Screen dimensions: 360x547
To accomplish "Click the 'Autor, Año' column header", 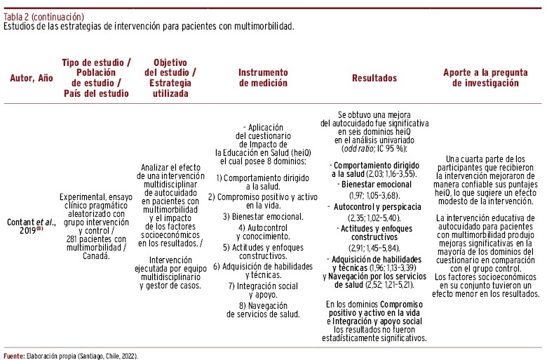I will [31, 78].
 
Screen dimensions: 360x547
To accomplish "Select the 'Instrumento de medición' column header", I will [263, 78].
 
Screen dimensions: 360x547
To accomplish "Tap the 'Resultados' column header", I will [374, 78].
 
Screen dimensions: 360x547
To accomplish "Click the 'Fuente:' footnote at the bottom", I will [14, 355].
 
